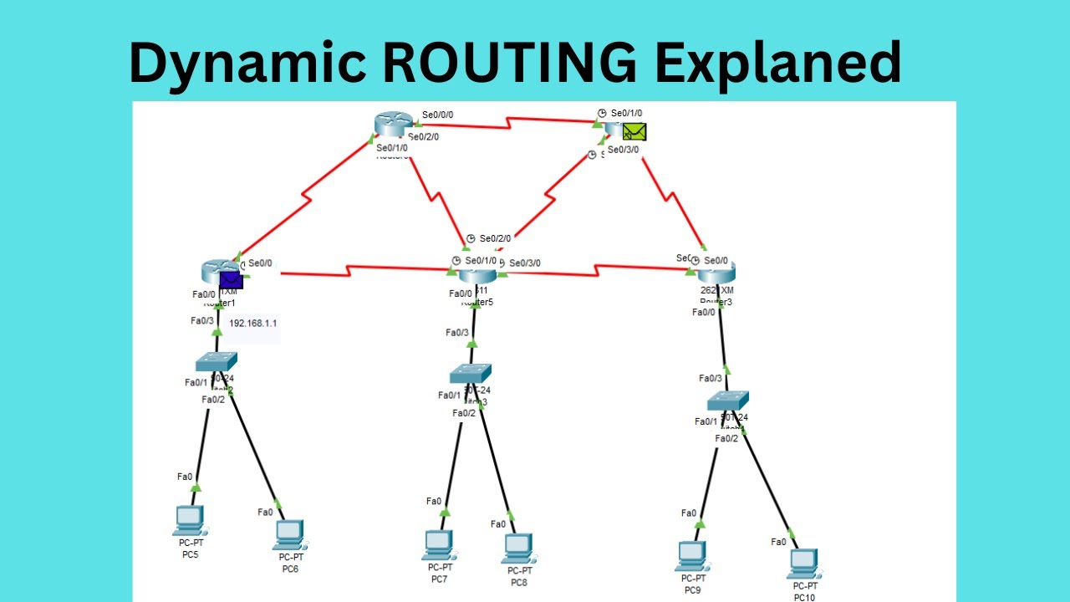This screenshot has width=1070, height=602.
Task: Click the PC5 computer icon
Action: [188, 520]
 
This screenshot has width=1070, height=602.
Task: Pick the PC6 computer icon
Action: [288, 534]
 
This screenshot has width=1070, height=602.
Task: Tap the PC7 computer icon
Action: [437, 544]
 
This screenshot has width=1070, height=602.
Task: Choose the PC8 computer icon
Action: [517, 548]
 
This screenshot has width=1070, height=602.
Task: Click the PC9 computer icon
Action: [690, 555]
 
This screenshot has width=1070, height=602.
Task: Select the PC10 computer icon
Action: [802, 564]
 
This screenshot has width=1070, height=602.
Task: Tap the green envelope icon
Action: [634, 131]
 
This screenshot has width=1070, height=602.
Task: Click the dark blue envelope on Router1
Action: [231, 281]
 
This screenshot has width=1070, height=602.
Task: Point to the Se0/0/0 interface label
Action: [437, 115]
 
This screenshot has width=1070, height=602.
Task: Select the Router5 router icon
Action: [476, 274]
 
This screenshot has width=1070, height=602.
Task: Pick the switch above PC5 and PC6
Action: [216, 362]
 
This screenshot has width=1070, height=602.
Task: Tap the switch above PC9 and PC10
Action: [727, 400]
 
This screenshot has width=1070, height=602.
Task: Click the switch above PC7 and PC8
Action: [470, 374]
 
